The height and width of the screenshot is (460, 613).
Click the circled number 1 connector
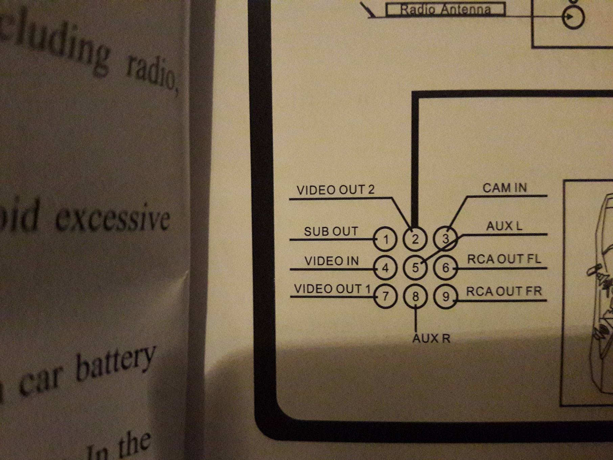tap(385, 239)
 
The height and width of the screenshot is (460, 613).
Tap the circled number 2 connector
tap(415, 239)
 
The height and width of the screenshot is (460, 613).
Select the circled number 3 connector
tap(446, 239)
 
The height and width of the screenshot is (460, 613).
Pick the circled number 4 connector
tap(385, 268)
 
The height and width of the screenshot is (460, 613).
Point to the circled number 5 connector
tap(415, 268)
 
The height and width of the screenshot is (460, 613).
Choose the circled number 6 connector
tap(446, 268)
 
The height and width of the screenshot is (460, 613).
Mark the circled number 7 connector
tap(385, 297)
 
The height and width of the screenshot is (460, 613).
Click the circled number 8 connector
tap(415, 297)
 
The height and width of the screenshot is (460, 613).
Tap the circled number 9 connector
tap(446, 297)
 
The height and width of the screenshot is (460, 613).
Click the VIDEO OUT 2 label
tap(336, 190)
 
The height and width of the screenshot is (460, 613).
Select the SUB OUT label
tap(331, 232)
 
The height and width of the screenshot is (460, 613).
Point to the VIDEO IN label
tap(332, 261)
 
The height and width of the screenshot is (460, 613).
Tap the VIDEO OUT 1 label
tap(333, 289)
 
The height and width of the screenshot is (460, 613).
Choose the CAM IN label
tap(504, 188)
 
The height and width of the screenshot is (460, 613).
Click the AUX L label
tap(504, 226)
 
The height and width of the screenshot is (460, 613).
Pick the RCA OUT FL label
tap(504, 259)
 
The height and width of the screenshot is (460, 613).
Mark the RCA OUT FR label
tap(504, 291)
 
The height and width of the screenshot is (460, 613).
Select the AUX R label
tap(431, 338)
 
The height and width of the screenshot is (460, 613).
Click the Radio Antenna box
tap(445, 9)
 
